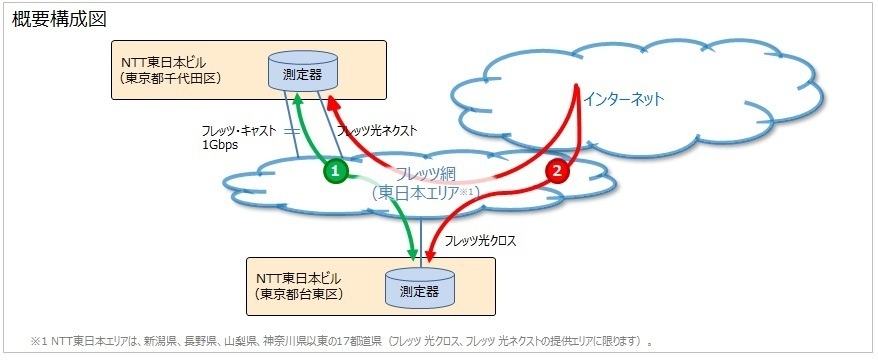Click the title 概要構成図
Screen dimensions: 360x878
57,18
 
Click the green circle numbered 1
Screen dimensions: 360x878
336,172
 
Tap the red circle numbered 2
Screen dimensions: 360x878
558,172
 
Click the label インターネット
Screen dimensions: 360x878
624,100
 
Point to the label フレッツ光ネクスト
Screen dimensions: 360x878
377,131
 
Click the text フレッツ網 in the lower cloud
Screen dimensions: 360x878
427,174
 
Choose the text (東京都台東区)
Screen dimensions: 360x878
299,294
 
